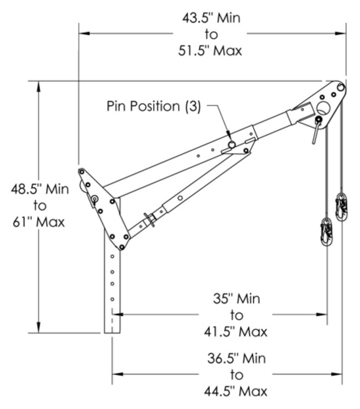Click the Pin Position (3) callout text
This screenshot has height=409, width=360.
(153, 107)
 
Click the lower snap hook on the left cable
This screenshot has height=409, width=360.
(326, 231)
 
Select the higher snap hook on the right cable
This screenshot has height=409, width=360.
(341, 207)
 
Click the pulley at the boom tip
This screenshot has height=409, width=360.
(340, 87)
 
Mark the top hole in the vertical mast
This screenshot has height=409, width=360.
(113, 256)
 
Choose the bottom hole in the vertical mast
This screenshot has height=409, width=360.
(113, 299)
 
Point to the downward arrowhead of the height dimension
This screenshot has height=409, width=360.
(39, 329)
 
